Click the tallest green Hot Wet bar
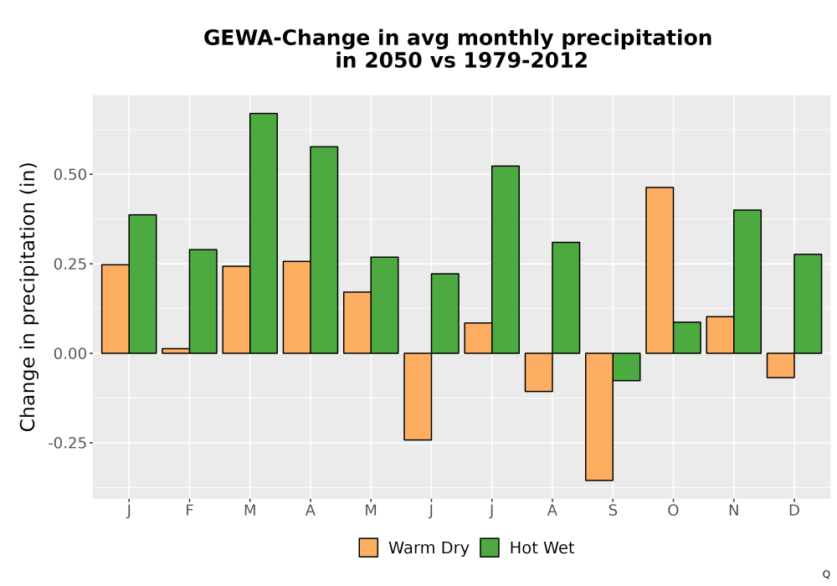[264, 234]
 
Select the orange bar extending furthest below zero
[599, 417]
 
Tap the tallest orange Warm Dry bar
[660, 270]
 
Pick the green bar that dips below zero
[626, 367]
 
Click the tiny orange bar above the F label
[176, 351]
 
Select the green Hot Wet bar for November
[747, 282]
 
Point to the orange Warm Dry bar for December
[780, 366]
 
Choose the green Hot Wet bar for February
[203, 301]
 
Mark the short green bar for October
[687, 337]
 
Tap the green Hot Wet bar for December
[808, 304]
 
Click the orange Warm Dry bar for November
[720, 335]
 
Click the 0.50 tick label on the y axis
[70, 174]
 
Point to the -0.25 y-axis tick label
[67, 443]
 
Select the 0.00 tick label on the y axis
[70, 353]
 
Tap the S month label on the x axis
[613, 511]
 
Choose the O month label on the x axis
[673, 511]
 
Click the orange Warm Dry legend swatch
[368, 547]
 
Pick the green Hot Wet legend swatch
[490, 547]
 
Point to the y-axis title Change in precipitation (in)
[28, 296]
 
